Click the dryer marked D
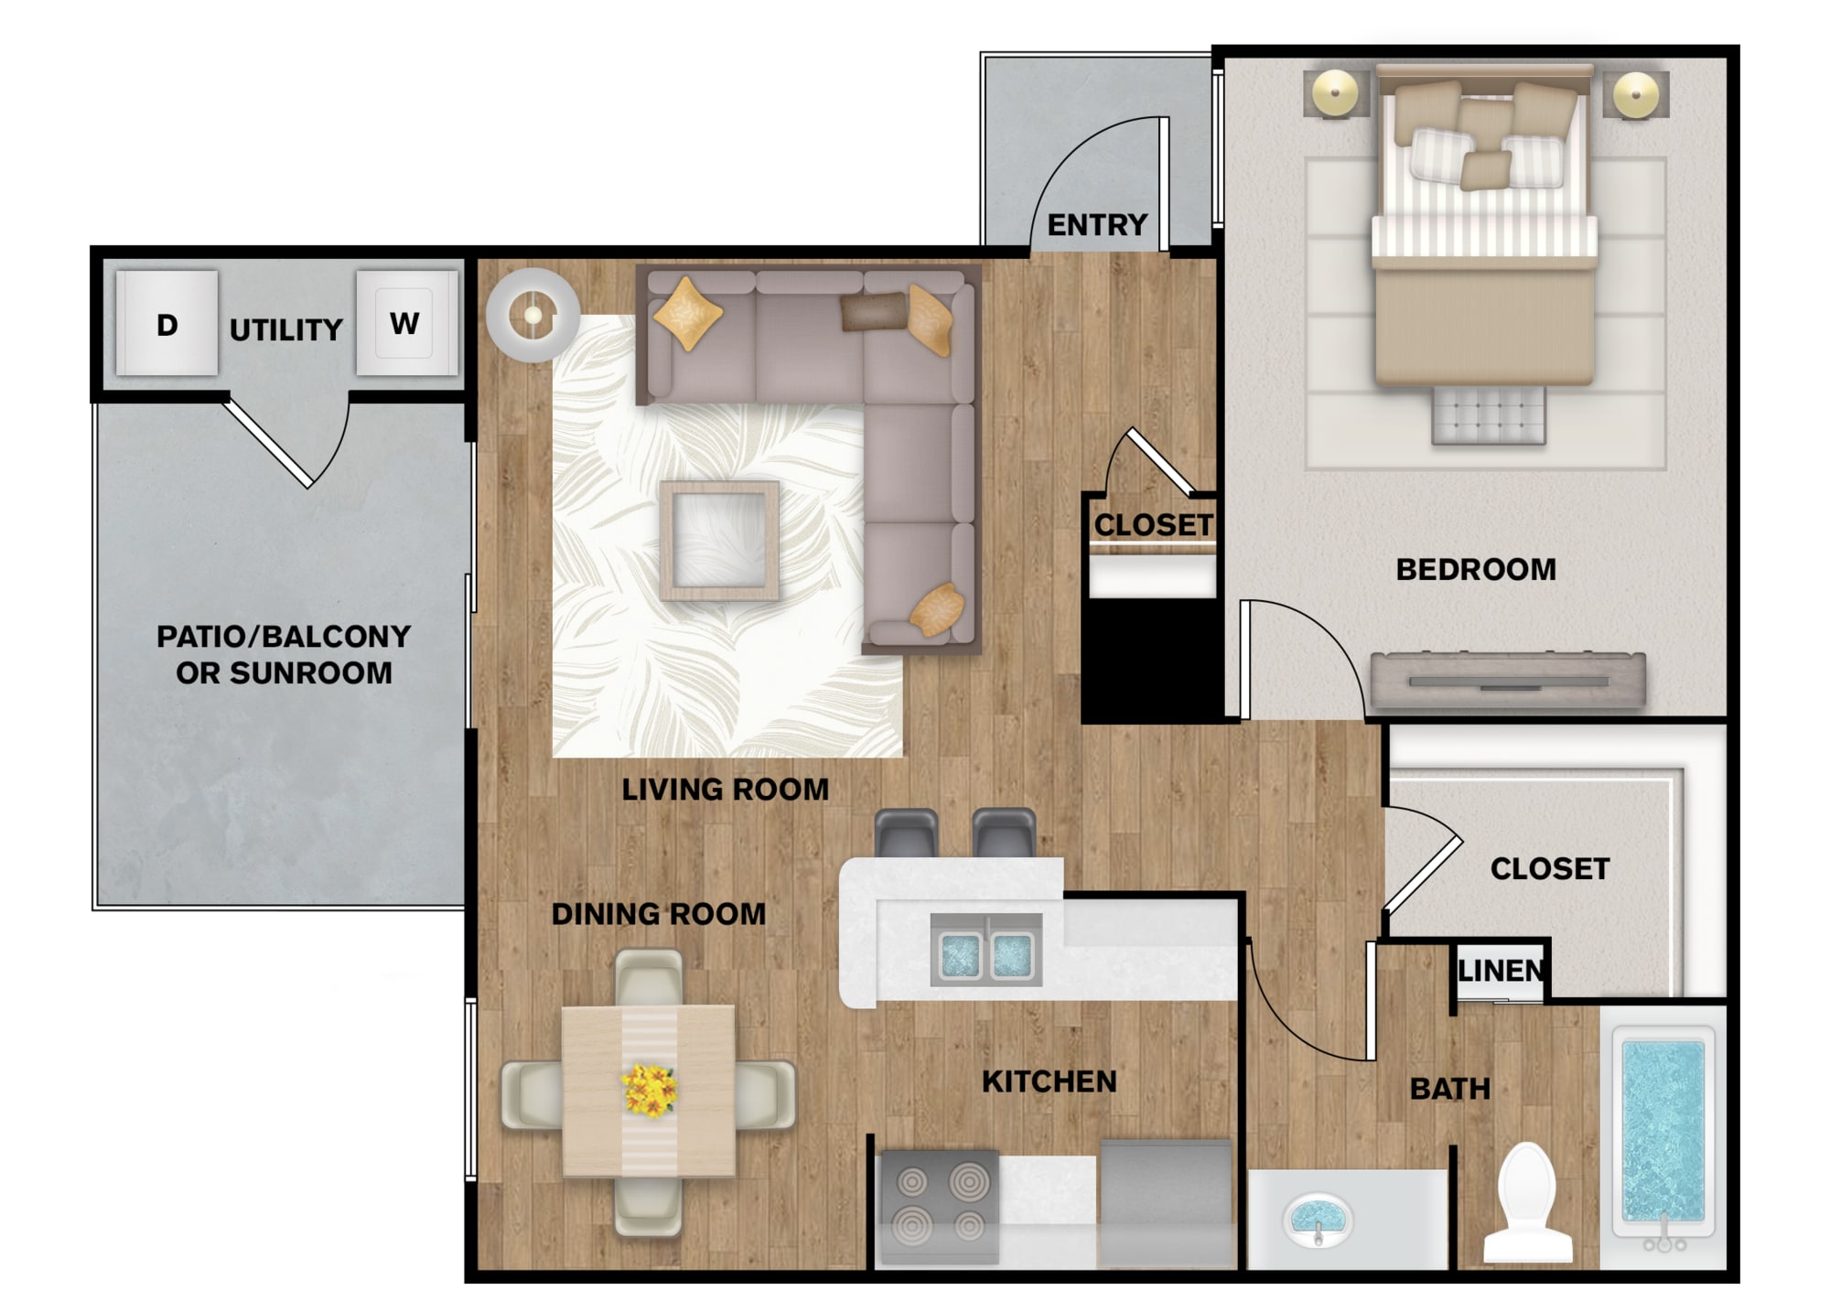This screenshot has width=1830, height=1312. (167, 322)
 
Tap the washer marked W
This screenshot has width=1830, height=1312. (406, 322)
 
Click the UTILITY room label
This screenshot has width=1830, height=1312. (285, 329)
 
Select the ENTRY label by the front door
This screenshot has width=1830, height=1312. (1097, 224)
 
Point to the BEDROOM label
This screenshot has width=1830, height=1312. (1476, 569)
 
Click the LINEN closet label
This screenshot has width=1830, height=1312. (1501, 970)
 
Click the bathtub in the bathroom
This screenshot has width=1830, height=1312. (1662, 1135)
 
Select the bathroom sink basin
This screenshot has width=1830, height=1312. (1318, 1219)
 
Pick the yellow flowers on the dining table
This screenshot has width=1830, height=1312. (649, 1090)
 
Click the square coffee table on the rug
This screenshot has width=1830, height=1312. (720, 541)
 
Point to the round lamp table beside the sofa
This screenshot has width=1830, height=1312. (533, 316)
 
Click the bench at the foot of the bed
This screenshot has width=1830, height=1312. (1488, 415)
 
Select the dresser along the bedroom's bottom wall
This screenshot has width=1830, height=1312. (1508, 679)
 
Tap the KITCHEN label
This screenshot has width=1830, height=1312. (1050, 1081)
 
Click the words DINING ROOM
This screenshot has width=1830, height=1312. (659, 913)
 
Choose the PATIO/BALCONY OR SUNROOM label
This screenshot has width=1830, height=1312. (284, 654)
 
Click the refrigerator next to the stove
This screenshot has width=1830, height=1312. (1166, 1203)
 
